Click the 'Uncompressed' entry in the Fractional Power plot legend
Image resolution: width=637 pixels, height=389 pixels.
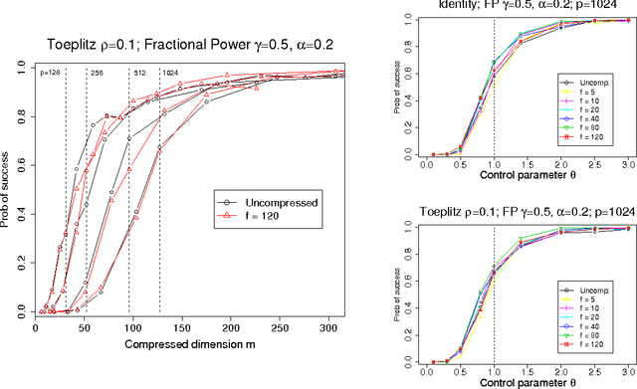[x=280, y=202]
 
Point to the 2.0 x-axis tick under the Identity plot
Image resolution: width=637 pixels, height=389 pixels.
[x=561, y=164]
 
